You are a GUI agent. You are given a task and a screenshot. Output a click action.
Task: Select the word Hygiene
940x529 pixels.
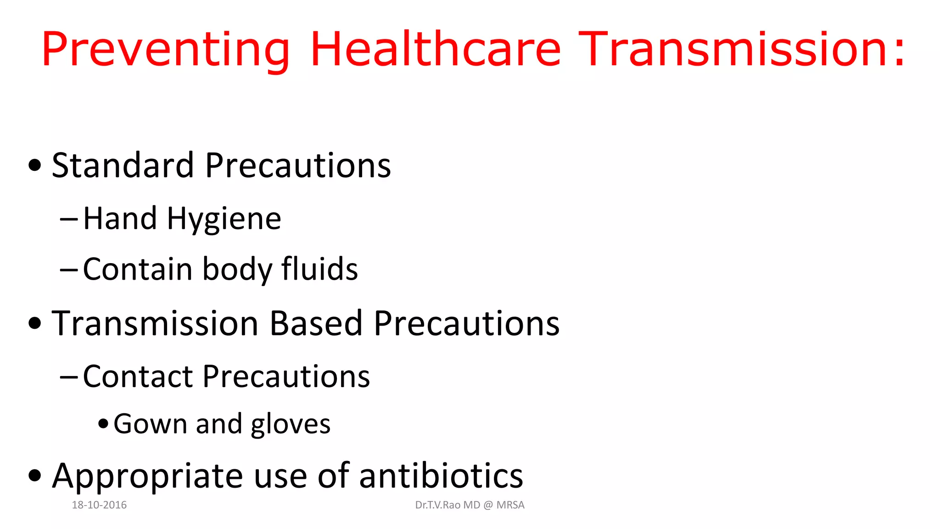click(x=224, y=219)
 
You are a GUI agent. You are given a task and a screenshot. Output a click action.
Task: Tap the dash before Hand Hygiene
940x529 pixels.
click(x=69, y=219)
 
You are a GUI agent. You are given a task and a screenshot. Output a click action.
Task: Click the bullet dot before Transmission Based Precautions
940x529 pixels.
click(x=35, y=323)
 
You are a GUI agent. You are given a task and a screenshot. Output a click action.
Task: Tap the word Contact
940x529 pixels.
click(x=138, y=377)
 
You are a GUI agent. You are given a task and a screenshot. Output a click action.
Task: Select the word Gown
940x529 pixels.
click(x=150, y=424)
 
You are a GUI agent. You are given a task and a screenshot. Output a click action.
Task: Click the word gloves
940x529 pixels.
click(x=291, y=425)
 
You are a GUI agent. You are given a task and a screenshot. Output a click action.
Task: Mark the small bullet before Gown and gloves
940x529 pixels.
click(x=103, y=423)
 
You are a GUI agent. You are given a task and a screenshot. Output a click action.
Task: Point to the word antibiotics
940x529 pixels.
click(x=441, y=476)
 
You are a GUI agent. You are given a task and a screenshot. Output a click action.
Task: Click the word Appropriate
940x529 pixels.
click(x=148, y=477)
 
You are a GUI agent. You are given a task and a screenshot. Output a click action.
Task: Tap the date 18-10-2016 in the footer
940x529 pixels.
click(x=99, y=505)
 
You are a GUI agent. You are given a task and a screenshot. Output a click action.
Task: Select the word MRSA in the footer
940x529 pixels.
click(x=510, y=505)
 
